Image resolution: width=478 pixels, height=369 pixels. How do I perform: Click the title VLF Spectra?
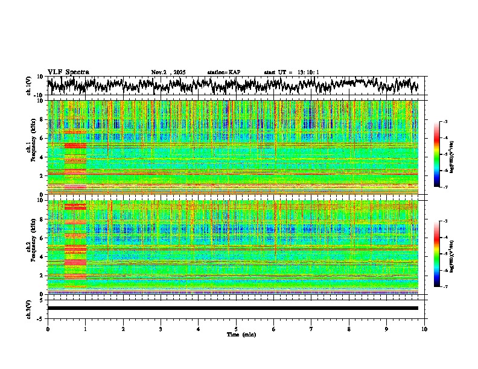point(68,72)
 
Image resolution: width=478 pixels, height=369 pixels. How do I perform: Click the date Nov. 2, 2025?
point(168,72)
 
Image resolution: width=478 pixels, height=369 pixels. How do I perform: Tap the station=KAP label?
point(224,72)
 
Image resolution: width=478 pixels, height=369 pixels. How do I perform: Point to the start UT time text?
point(292,72)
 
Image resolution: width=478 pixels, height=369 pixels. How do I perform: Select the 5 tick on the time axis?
point(236,329)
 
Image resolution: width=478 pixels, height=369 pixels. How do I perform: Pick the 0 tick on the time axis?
point(48,329)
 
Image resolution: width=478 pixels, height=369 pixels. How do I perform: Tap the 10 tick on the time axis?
point(424,329)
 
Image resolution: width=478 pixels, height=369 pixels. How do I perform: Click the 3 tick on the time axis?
point(161,329)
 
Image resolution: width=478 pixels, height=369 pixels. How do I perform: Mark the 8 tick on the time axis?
point(349,329)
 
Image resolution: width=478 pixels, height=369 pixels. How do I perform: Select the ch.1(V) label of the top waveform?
point(29,86)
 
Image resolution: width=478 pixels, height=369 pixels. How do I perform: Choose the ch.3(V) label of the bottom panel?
point(29,309)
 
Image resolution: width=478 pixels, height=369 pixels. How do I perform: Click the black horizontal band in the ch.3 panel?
point(233,308)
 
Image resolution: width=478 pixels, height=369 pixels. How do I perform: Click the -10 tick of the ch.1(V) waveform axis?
point(39,95)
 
